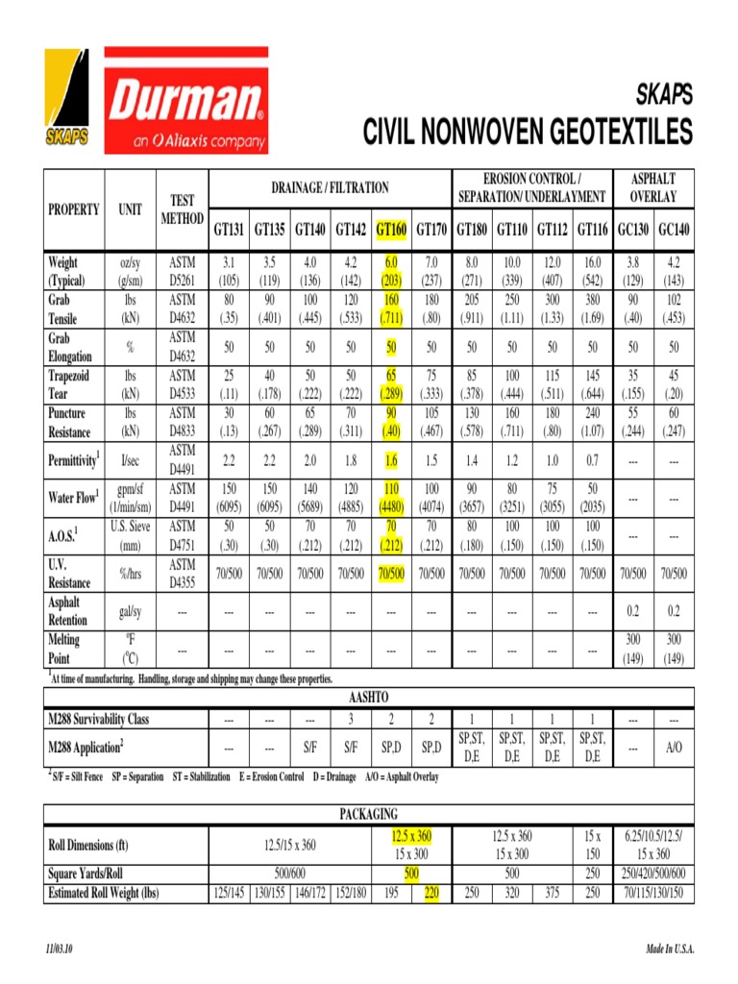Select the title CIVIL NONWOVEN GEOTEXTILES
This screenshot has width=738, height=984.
[x=527, y=131]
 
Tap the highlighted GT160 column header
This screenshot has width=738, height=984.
[x=391, y=231]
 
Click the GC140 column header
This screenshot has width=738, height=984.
[x=673, y=231]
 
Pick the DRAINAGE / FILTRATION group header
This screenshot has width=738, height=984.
[x=330, y=187]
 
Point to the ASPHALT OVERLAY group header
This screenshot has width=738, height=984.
[x=652, y=187]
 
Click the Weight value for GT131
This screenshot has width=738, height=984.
[x=229, y=271]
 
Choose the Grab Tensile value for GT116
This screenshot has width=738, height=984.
[x=592, y=309]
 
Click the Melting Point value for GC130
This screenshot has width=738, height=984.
[x=633, y=649]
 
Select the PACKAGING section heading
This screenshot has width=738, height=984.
[x=369, y=814]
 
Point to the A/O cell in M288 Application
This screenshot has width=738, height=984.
[x=673, y=747]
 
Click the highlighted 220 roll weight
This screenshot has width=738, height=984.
[x=431, y=893]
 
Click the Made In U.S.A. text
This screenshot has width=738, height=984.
[x=670, y=949]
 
